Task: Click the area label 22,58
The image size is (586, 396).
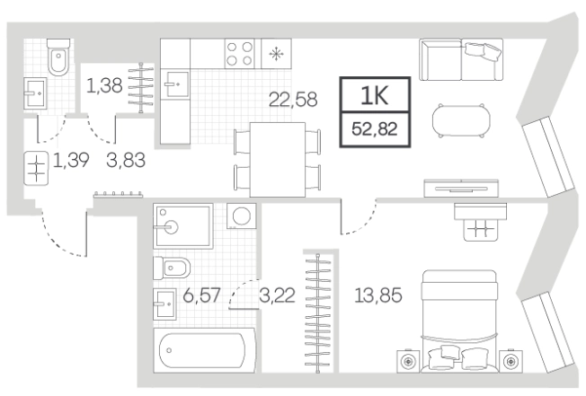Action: (293, 100)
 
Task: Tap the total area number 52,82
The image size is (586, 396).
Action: (375, 129)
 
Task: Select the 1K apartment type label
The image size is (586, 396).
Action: (375, 95)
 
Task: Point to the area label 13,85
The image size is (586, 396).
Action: (378, 295)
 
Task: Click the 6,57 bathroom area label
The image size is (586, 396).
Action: (202, 295)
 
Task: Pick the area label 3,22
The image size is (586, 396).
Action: (277, 295)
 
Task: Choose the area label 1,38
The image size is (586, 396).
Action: (104, 85)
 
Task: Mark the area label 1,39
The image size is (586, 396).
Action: (71, 161)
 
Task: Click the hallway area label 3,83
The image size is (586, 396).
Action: (126, 161)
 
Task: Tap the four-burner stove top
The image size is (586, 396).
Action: (240, 53)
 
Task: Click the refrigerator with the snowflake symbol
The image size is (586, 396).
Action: (276, 53)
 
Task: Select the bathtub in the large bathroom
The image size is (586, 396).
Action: (204, 350)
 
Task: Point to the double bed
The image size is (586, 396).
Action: (459, 321)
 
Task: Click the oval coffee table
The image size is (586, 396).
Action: (461, 120)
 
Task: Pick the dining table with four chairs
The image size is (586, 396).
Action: (278, 160)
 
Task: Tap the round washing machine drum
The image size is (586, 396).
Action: (242, 216)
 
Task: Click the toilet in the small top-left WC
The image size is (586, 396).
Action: (58, 57)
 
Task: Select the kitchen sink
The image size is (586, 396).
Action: (175, 84)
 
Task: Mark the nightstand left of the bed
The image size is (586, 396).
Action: (408, 361)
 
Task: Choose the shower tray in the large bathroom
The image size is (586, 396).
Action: (183, 225)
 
